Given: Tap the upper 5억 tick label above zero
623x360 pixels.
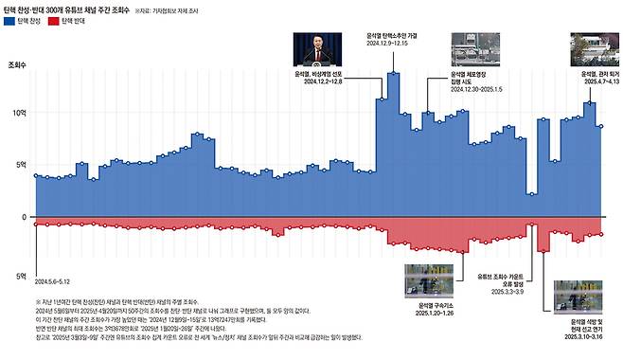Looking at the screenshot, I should tap(16, 165).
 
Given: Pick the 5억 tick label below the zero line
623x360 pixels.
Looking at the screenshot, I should tap(16, 276).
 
